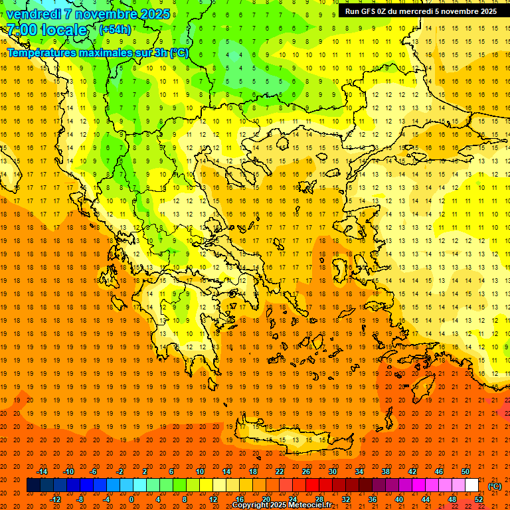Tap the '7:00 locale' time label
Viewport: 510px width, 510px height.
tap(46, 30)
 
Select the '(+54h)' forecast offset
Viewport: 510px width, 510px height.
tap(115, 30)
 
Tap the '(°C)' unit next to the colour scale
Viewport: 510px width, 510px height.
tap(495, 486)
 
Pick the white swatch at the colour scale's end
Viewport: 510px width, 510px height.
tap(472, 485)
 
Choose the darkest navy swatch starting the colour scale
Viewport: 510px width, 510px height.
tap(33, 485)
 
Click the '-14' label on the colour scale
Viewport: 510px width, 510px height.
tap(42, 471)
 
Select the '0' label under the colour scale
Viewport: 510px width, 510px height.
tap(131, 499)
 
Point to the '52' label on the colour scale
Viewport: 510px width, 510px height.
tap(479, 499)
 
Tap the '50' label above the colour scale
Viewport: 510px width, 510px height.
tap(466, 471)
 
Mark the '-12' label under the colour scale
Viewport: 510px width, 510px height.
tap(55, 499)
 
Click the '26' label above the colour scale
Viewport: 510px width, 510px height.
tap(306, 471)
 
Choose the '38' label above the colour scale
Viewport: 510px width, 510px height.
tap(386, 471)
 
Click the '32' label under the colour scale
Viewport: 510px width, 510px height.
tap(346, 499)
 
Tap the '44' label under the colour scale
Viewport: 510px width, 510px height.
tap(426, 499)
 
